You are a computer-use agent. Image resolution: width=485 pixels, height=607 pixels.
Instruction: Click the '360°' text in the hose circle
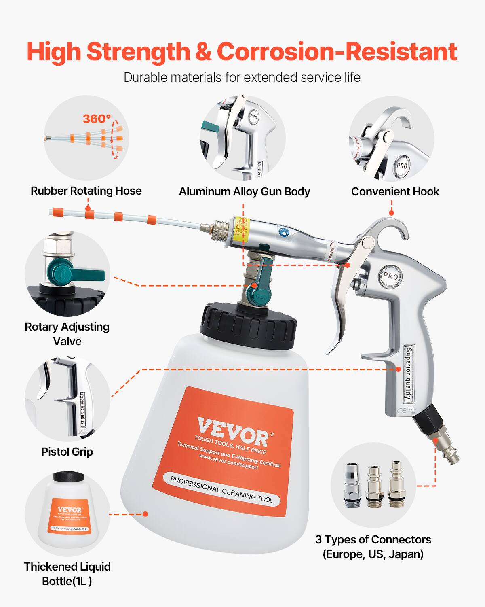pos(97,119)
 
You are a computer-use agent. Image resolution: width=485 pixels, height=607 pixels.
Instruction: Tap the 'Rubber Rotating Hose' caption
pos(86,191)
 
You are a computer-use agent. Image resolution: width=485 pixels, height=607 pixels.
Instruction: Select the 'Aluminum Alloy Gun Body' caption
pos(244,192)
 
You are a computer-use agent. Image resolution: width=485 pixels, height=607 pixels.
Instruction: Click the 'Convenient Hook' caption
pos(395,192)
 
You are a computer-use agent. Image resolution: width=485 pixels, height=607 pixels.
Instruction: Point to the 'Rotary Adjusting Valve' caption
pos(67,334)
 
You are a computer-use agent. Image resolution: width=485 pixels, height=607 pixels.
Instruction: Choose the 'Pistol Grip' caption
pos(67,452)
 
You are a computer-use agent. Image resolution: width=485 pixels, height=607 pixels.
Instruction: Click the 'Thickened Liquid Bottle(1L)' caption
pos(67,574)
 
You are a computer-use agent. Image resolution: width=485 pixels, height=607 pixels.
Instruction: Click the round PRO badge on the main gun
pos(390,276)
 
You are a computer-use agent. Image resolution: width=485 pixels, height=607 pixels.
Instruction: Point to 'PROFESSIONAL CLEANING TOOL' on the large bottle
pos(221,490)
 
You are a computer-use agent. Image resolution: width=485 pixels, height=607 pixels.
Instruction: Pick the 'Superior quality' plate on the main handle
pos(409,373)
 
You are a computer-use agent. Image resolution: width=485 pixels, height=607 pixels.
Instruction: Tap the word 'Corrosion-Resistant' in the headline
pos(337,52)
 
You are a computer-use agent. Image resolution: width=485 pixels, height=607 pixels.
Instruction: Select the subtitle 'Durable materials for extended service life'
pos(242,77)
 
